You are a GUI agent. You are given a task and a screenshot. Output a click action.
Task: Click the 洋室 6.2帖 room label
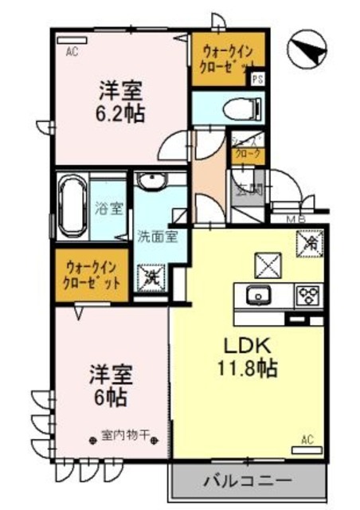(122, 100)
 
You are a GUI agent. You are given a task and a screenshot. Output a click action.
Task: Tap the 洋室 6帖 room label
(110, 384)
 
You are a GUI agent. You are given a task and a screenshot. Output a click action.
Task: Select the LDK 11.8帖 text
(244, 357)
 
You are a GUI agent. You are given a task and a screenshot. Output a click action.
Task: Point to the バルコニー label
(247, 481)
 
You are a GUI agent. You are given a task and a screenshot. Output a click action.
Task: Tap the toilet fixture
(238, 106)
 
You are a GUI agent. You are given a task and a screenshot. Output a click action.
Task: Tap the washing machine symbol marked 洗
(151, 277)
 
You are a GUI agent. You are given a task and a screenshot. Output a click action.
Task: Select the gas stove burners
(307, 296)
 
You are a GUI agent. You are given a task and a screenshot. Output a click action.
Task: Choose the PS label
(256, 79)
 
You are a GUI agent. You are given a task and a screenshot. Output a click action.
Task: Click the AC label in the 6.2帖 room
(72, 53)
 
